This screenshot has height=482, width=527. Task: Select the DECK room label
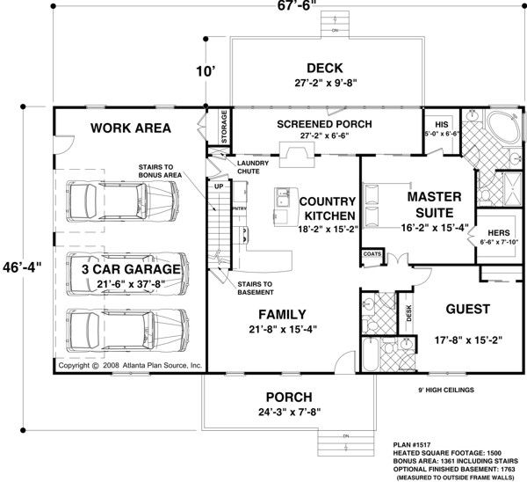pos(324,68)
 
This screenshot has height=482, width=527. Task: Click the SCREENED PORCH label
pos(324,124)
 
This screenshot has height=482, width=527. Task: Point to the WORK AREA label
pos(131,128)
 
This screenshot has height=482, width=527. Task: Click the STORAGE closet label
pos(225,127)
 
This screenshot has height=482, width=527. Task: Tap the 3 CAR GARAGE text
pos(131,268)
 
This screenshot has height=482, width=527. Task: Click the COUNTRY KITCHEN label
pos(327,208)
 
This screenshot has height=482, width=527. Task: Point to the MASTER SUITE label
pos(430,205)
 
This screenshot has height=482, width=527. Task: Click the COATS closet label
pos(371,254)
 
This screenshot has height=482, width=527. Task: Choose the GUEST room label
pos(468,310)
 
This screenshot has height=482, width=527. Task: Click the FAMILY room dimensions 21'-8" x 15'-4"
pos(281,332)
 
